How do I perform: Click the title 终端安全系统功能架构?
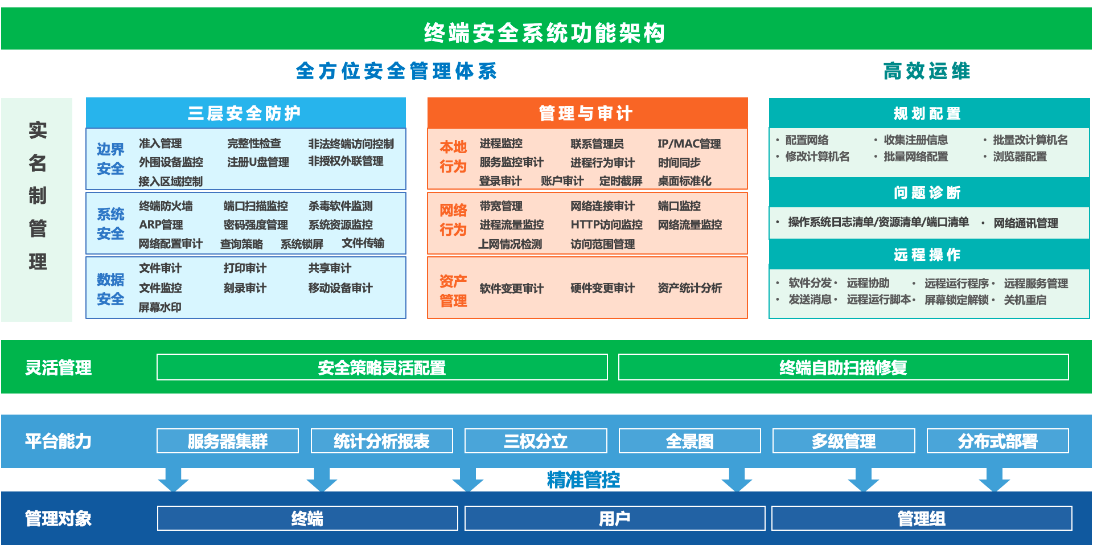(545, 33)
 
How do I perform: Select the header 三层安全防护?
(245, 113)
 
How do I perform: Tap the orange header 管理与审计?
(586, 113)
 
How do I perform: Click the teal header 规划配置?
(927, 113)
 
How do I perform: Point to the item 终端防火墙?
(166, 206)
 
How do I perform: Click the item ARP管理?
(161, 224)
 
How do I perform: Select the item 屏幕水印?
(160, 307)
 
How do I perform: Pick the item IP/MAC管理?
(689, 144)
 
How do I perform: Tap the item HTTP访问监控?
(606, 224)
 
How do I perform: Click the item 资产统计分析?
(689, 288)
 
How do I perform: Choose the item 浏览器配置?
(1020, 156)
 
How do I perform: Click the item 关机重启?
(1025, 300)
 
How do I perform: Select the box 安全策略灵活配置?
(382, 367)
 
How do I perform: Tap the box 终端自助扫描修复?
(843, 367)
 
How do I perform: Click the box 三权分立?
(536, 441)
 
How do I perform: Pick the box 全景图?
(689, 441)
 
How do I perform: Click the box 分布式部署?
(997, 441)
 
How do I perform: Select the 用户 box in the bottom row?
(615, 518)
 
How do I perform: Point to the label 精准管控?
(584, 480)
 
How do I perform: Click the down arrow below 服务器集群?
(173, 480)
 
